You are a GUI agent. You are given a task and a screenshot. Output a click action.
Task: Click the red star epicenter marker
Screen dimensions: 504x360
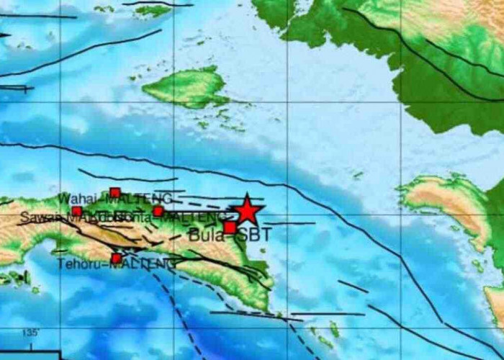pos(246,210)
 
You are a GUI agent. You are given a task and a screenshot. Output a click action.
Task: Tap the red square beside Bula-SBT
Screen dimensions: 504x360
pos(230,228)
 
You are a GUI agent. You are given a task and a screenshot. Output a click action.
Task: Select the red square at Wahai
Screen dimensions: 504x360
pos(114,192)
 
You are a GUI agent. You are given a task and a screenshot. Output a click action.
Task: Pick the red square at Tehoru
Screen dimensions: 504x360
pos(116,258)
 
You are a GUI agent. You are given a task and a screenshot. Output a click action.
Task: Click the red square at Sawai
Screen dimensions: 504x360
pos(77,211)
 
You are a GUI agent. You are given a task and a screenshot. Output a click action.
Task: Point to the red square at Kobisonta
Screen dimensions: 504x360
pos(158,211)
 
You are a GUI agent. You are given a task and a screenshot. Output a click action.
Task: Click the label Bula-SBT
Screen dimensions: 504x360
pos(222,235)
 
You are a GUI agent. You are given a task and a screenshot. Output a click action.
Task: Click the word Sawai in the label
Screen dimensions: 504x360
pos(35,216)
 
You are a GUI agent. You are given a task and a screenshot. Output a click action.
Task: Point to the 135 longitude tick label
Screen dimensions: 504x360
pos(30,333)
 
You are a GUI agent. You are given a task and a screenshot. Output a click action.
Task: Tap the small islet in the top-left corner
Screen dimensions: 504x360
pos(152,10)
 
